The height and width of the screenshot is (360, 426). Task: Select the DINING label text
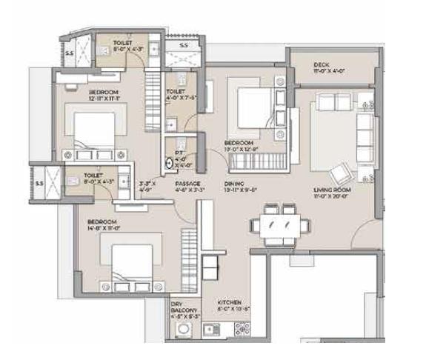(234, 184)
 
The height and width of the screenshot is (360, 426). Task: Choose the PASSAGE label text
(185, 184)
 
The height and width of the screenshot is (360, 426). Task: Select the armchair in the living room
(342, 174)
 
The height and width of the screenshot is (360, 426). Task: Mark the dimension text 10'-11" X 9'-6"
(239, 190)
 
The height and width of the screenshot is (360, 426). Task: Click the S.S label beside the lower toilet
(39, 178)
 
